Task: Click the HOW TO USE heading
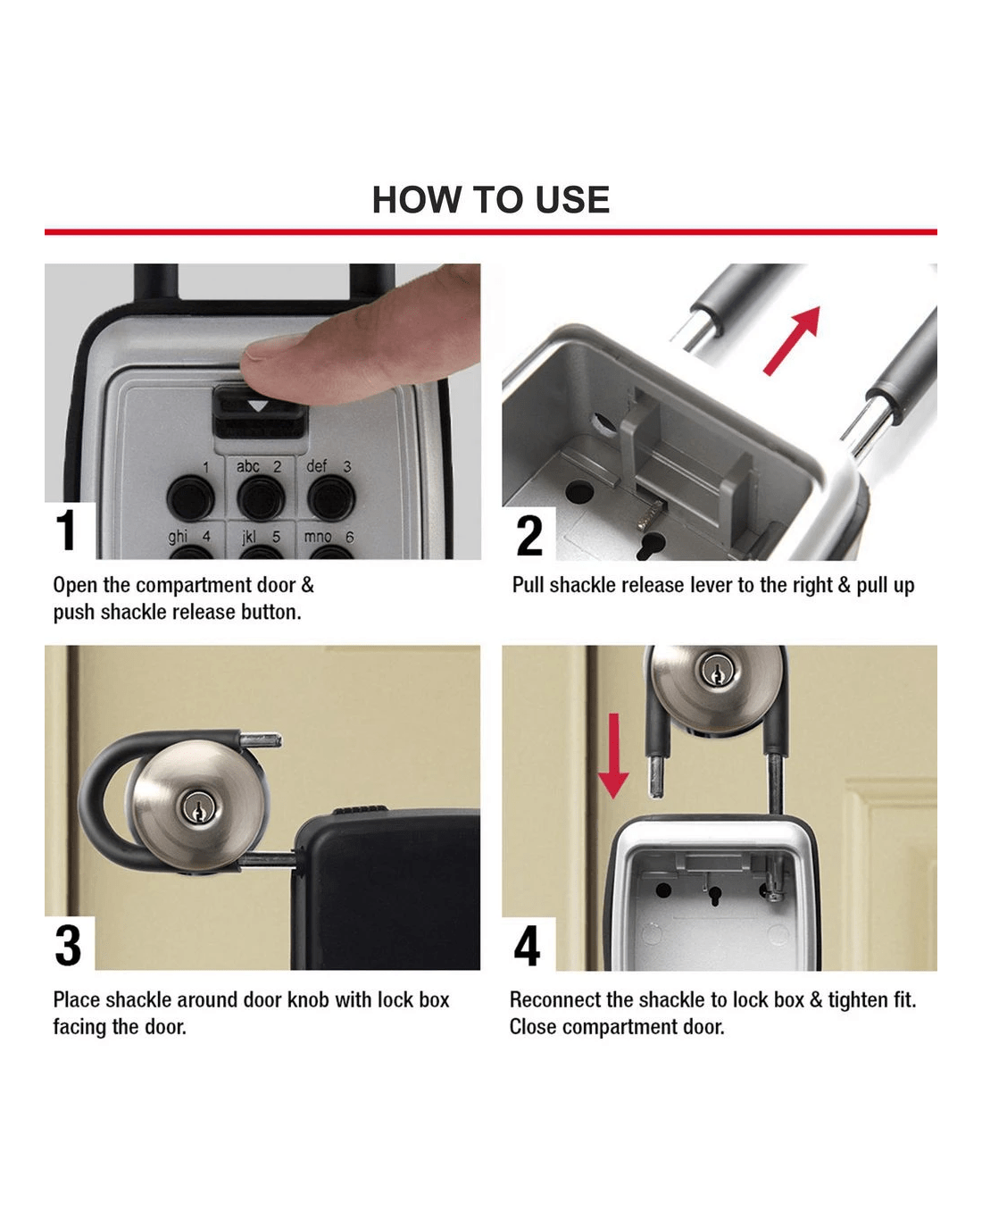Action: (x=491, y=200)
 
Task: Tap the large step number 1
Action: (x=67, y=530)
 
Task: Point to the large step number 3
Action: (x=69, y=946)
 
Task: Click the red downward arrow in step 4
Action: (x=613, y=756)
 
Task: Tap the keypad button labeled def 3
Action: (x=331, y=498)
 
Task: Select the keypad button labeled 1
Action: (x=190, y=497)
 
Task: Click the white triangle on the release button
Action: (x=259, y=405)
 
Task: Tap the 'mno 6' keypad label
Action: (x=329, y=537)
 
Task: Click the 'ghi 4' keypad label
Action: (x=189, y=537)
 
